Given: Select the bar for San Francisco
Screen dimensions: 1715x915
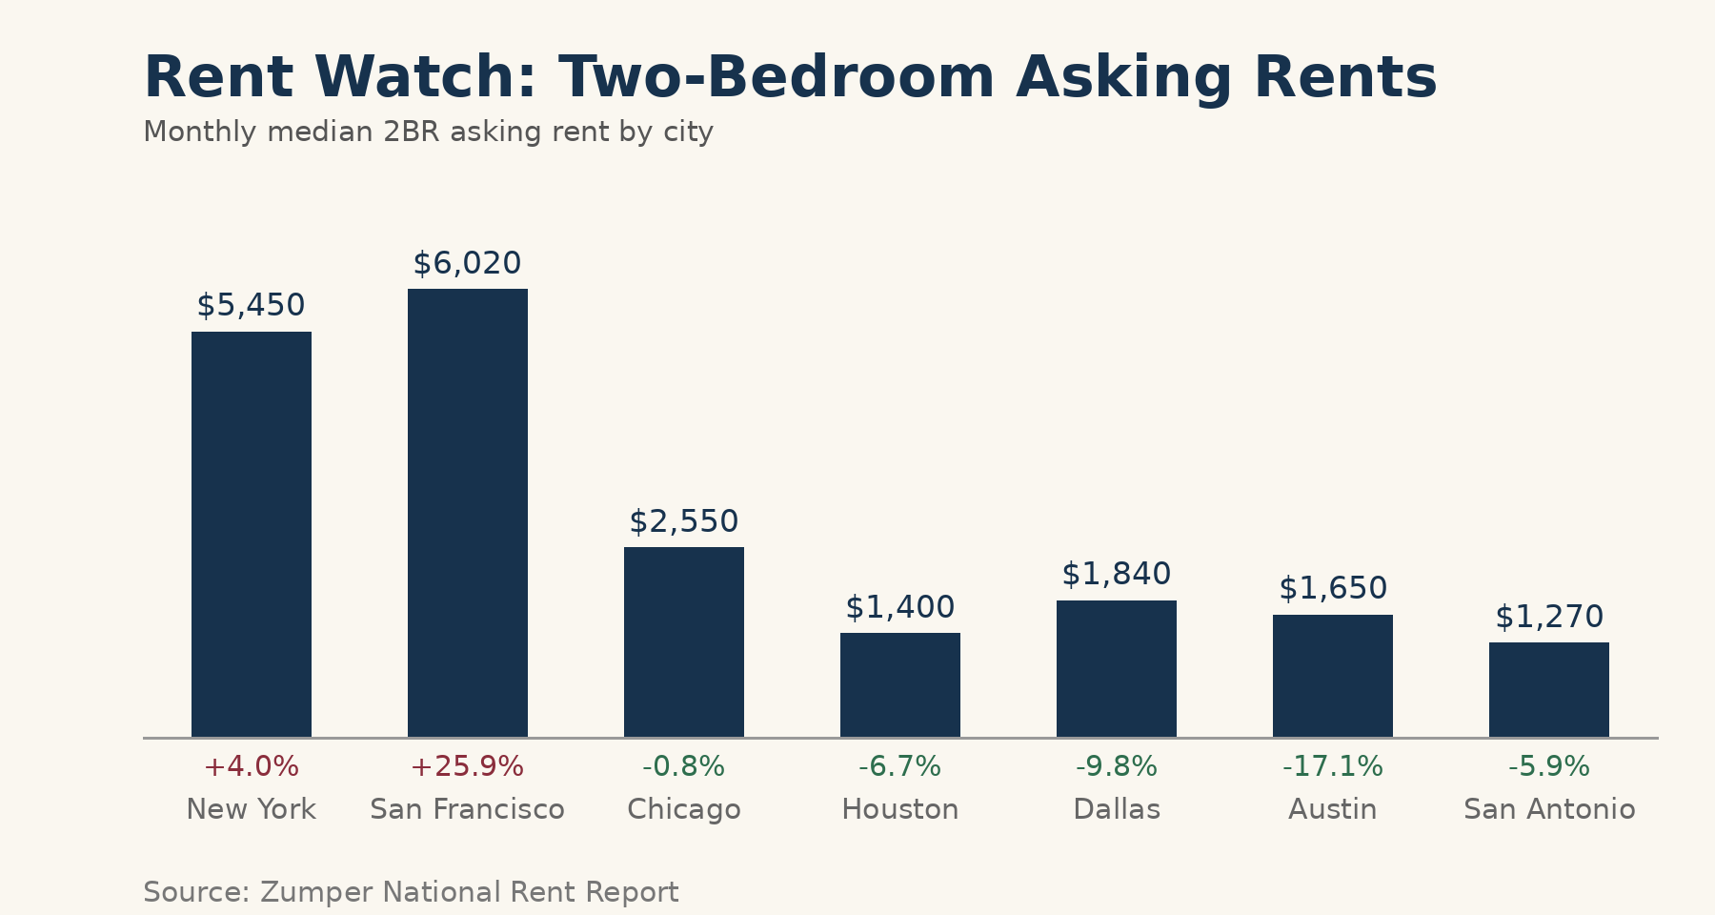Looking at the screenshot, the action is click(x=468, y=513).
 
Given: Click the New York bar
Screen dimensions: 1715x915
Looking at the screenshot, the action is click(x=252, y=534).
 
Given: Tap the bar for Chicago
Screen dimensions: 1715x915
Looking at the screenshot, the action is click(x=684, y=641).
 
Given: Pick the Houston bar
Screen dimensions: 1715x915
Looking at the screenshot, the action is click(x=900, y=684).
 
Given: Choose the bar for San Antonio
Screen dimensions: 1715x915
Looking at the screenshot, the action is click(x=1549, y=689).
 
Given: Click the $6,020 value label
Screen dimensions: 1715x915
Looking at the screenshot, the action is click(x=468, y=263).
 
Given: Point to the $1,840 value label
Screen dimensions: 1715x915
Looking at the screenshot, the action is click(x=1117, y=574).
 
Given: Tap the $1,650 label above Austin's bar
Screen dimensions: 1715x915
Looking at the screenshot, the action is click(x=1333, y=588).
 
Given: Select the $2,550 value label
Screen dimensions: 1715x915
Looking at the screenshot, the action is click(x=684, y=521).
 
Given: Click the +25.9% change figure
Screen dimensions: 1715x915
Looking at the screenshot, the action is click(x=468, y=766).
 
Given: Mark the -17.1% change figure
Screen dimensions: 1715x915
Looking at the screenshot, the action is click(x=1333, y=766).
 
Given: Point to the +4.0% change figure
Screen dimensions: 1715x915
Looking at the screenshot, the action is click(x=252, y=766).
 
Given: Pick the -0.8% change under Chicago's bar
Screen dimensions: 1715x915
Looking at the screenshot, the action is click(x=684, y=766).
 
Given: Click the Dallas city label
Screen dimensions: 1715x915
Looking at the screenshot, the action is click(x=1117, y=809).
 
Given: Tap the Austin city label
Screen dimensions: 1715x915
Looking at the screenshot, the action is click(x=1333, y=809).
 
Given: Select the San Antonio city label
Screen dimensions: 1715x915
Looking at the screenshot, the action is click(x=1549, y=809).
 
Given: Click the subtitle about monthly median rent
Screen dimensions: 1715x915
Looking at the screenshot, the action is click(x=428, y=132).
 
